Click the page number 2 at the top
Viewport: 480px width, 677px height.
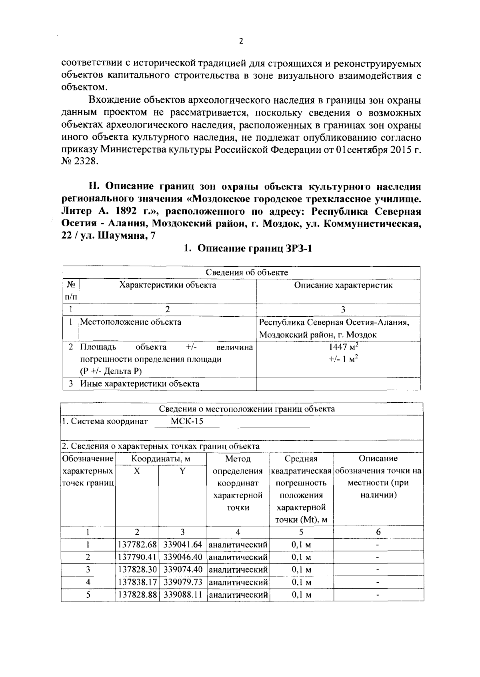pyautogui.click(x=241, y=41)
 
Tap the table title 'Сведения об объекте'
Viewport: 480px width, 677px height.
pyautogui.click(x=246, y=273)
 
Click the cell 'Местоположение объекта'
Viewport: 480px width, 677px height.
pyautogui.click(x=131, y=322)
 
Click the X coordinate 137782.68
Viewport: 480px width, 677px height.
pyautogui.click(x=137, y=545)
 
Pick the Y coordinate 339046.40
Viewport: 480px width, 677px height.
pyautogui.click(x=182, y=557)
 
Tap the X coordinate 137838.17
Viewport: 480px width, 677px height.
pyautogui.click(x=137, y=582)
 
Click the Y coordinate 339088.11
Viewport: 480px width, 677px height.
pyautogui.click(x=182, y=595)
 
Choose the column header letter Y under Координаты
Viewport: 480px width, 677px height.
pyautogui.click(x=182, y=471)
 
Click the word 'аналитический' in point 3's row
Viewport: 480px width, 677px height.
pyautogui.click(x=238, y=569)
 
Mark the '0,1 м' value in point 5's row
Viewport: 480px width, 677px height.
pyautogui.click(x=301, y=595)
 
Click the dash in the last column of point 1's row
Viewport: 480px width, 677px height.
pyautogui.click(x=378, y=545)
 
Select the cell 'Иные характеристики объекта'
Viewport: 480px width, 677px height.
pyautogui.click(x=140, y=384)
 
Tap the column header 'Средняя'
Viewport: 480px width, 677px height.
pyautogui.click(x=301, y=459)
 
